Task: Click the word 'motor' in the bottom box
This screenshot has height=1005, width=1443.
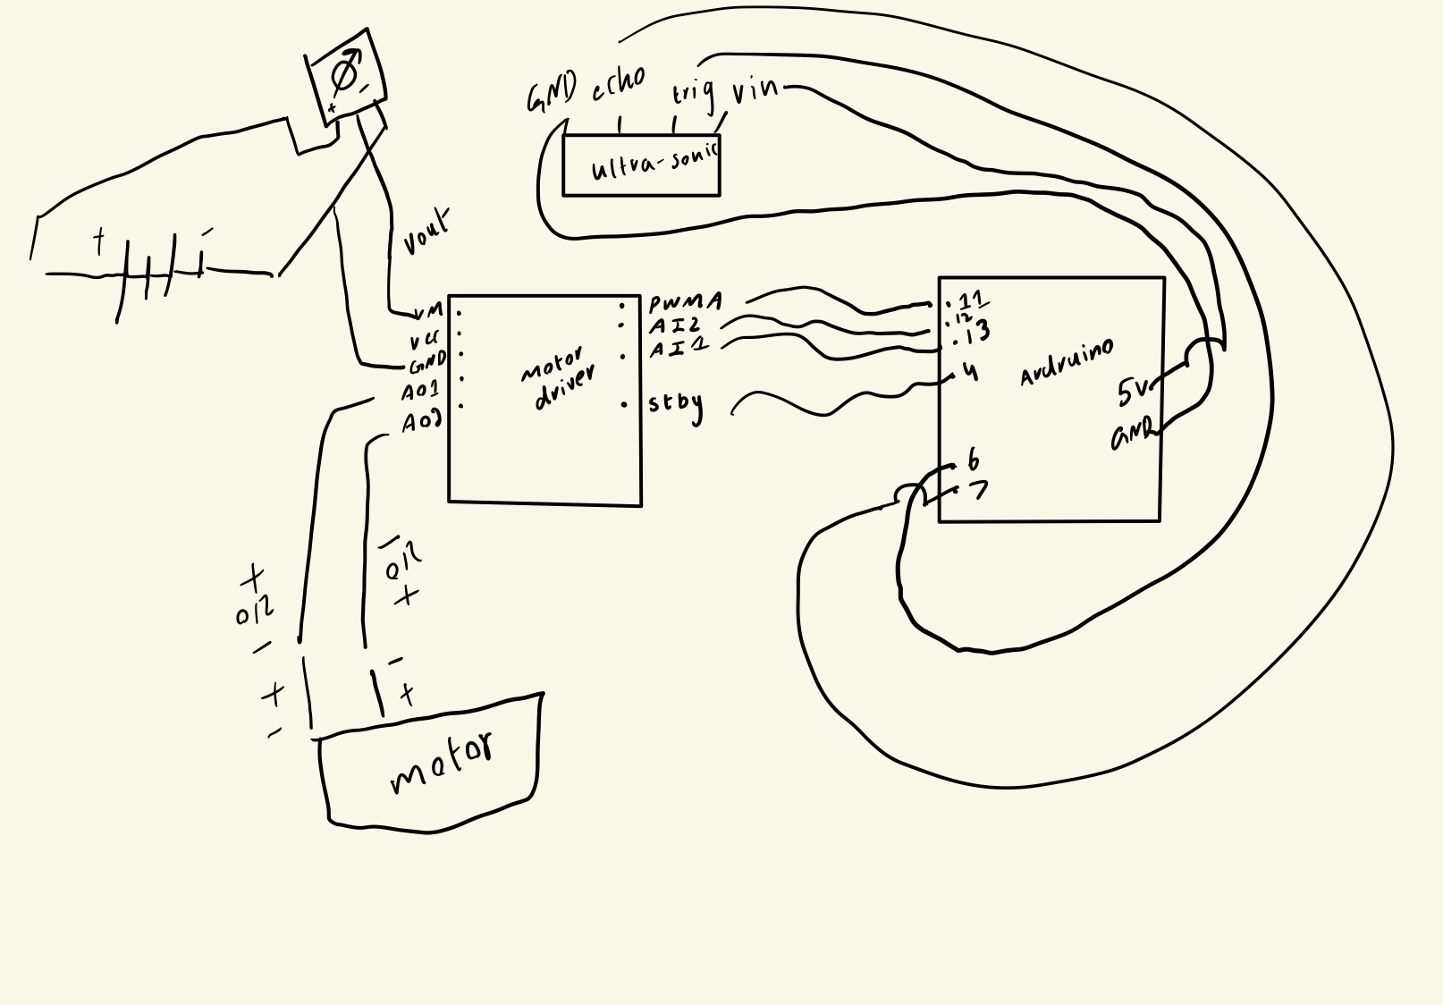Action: [442, 763]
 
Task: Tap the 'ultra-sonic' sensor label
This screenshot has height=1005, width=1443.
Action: [654, 164]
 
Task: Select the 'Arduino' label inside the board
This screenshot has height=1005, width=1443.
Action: [1067, 362]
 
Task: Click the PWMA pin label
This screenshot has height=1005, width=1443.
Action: [685, 302]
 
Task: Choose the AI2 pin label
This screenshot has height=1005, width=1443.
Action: [675, 325]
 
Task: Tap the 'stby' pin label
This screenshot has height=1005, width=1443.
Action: [675, 404]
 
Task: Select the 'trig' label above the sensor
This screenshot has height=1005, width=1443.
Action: [693, 92]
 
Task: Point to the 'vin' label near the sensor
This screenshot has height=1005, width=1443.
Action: [755, 91]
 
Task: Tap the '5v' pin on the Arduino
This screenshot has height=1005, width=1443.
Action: [1133, 391]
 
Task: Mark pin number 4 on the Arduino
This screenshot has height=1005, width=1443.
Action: [971, 371]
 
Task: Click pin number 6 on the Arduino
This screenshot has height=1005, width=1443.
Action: [973, 460]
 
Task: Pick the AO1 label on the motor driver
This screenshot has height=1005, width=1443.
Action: [420, 392]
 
